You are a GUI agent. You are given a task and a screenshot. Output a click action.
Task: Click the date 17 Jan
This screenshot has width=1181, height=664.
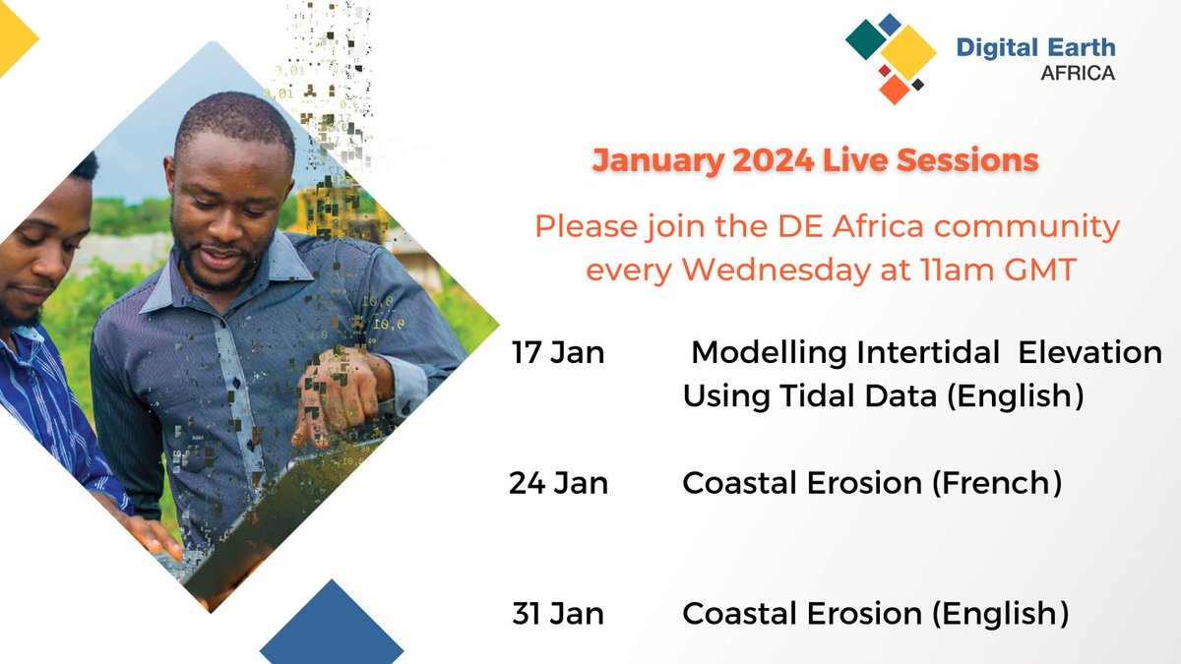557,353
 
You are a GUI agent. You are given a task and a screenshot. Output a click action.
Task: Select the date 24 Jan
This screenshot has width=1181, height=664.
558,483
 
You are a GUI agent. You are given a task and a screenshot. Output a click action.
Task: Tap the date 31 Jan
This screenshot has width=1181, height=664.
557,614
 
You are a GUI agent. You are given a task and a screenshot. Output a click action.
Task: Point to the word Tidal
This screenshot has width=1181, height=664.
808,396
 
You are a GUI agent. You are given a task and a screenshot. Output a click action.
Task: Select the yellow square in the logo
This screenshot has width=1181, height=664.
907,50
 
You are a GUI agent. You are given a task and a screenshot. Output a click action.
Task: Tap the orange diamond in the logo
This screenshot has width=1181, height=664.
895,90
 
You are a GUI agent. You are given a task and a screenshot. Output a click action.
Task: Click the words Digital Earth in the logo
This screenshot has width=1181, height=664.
1035,48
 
